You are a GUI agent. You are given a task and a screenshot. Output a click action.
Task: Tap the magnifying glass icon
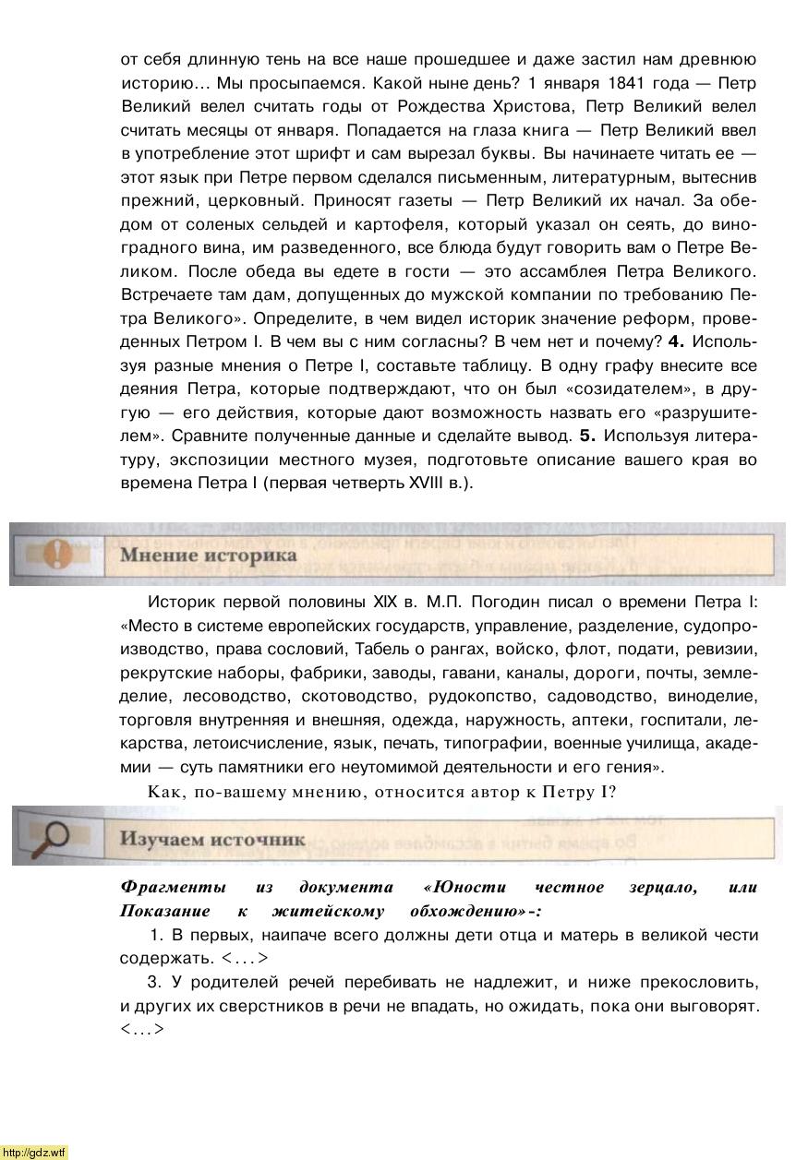54,837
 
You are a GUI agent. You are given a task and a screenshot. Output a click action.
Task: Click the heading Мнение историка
208,555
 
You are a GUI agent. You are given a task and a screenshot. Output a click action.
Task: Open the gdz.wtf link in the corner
34,1152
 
